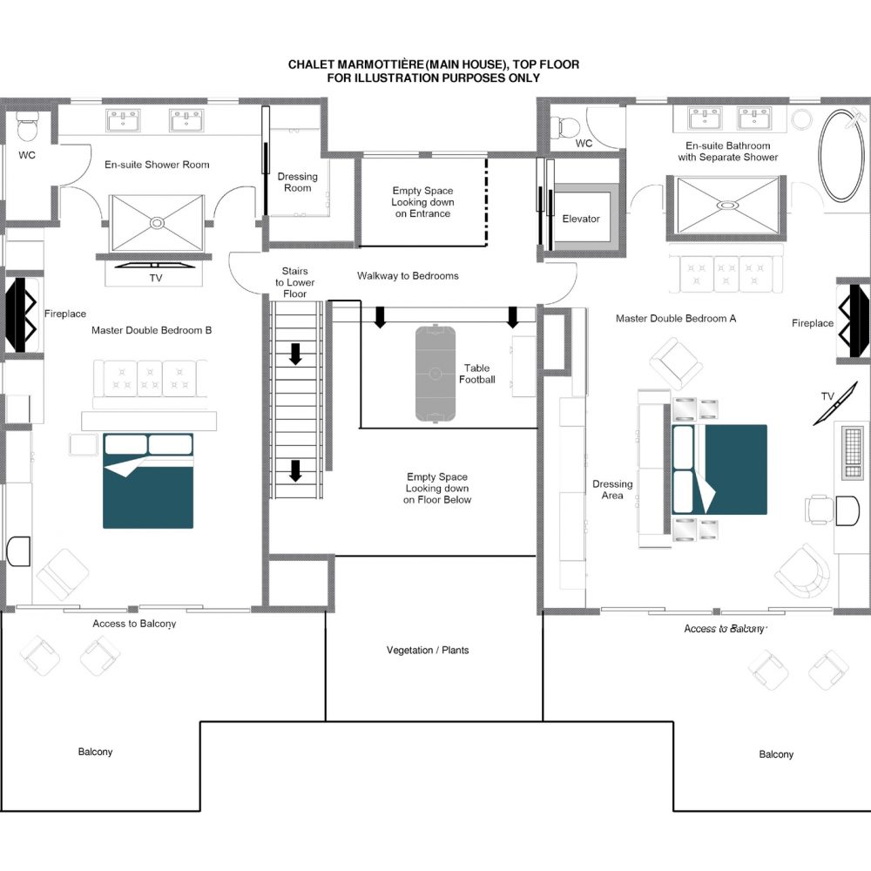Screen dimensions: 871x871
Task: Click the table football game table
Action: point(435,374)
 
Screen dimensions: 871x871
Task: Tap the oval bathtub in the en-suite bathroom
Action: point(841,156)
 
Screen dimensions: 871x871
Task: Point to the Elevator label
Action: point(581,219)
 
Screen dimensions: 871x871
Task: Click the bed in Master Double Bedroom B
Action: point(148,481)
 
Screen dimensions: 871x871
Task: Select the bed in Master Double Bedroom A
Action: point(719,470)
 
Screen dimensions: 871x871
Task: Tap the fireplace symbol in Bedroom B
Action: point(21,314)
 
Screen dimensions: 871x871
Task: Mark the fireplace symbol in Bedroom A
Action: point(854,321)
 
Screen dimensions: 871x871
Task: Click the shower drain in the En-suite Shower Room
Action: point(157,223)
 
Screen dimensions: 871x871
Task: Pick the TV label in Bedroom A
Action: point(827,396)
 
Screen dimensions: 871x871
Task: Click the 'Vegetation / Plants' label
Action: point(428,650)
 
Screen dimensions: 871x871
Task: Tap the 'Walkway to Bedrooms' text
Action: point(408,275)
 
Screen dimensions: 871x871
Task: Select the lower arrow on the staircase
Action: point(295,470)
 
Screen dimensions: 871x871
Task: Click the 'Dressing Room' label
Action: point(298,182)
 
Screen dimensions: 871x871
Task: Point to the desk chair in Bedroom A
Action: point(819,510)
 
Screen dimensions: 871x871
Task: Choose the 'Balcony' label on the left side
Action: point(95,752)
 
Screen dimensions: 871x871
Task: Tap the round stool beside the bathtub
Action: point(802,119)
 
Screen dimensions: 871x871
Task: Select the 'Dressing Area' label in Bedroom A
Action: point(612,490)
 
